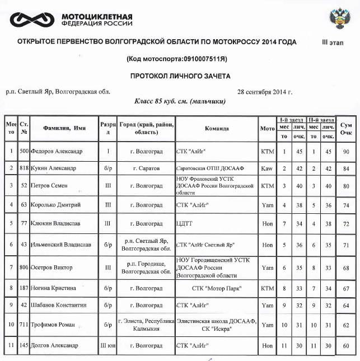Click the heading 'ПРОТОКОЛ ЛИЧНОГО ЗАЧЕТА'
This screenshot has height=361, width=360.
coord(180,76)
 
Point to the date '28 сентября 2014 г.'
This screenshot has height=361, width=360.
coord(265,92)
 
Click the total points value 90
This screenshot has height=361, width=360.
coord(347,151)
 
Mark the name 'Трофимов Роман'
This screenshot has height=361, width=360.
coord(56,325)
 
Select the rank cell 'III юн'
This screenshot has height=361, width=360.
coord(108,345)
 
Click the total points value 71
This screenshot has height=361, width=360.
coord(347,245)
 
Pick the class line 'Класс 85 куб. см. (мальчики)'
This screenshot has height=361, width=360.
coord(180,102)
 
